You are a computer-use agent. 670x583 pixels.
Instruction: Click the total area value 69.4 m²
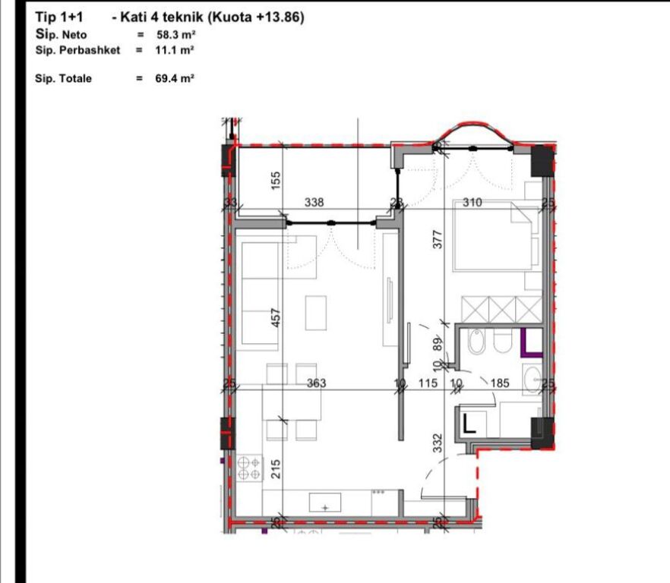click(175, 77)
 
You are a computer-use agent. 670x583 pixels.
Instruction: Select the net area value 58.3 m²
click(175, 35)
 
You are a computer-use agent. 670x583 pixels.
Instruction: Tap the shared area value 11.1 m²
click(175, 49)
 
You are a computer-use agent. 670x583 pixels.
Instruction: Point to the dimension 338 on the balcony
click(314, 203)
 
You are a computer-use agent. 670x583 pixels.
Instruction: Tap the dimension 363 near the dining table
click(316, 383)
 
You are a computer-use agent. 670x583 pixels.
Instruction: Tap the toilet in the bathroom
click(502, 344)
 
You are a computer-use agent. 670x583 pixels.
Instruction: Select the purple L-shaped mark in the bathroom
click(529, 344)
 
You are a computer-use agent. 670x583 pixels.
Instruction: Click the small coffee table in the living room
click(317, 312)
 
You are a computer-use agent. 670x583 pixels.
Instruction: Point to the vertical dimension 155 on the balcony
click(277, 179)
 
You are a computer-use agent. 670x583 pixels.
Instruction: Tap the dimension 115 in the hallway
click(428, 384)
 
